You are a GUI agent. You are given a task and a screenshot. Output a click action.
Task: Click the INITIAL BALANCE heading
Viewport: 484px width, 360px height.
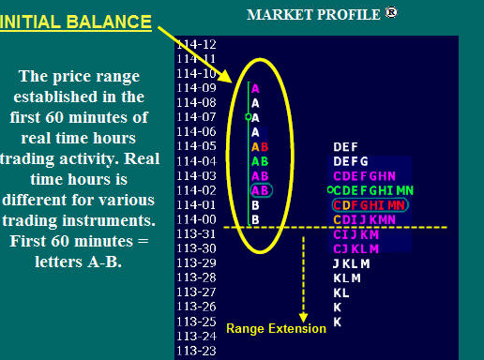(x=76, y=22)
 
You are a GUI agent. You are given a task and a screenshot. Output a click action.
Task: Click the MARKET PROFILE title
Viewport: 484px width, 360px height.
(x=313, y=15)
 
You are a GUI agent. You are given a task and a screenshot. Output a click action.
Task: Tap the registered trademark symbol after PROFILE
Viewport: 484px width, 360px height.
(x=391, y=12)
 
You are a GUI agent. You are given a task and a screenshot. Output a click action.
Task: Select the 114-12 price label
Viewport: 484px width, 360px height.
(x=196, y=44)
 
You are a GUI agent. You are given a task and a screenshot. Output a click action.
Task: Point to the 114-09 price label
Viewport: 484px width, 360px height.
(x=196, y=88)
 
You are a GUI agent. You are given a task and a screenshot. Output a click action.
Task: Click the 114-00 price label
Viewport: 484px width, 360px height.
(x=196, y=219)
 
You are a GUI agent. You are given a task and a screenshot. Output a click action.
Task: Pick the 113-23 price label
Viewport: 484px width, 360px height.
(x=196, y=351)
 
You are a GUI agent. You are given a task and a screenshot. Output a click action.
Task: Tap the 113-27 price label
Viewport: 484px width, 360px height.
(x=196, y=292)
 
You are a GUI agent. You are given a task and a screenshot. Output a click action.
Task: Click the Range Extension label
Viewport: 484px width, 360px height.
(x=276, y=328)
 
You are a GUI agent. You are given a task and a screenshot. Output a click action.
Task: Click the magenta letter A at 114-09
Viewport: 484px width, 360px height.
(x=255, y=89)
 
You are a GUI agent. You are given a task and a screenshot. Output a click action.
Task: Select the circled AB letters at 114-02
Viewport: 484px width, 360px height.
(x=262, y=190)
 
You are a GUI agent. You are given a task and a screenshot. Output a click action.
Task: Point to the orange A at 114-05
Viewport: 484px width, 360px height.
(x=255, y=147)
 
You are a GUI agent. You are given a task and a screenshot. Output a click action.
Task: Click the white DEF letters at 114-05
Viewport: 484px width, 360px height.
(x=345, y=147)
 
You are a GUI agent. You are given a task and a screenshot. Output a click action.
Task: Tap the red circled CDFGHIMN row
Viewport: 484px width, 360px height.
(x=370, y=205)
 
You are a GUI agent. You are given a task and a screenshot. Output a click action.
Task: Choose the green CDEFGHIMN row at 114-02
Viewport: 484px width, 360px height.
(x=373, y=190)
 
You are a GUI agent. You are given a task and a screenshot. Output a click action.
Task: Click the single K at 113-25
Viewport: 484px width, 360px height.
(x=337, y=322)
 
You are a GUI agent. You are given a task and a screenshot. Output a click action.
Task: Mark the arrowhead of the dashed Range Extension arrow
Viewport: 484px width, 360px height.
(x=303, y=318)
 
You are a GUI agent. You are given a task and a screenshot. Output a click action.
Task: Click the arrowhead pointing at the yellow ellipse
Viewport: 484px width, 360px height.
(x=225, y=76)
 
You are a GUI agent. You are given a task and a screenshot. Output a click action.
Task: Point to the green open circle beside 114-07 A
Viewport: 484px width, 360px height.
(x=249, y=117)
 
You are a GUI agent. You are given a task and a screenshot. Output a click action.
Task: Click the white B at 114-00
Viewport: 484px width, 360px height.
(x=255, y=220)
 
